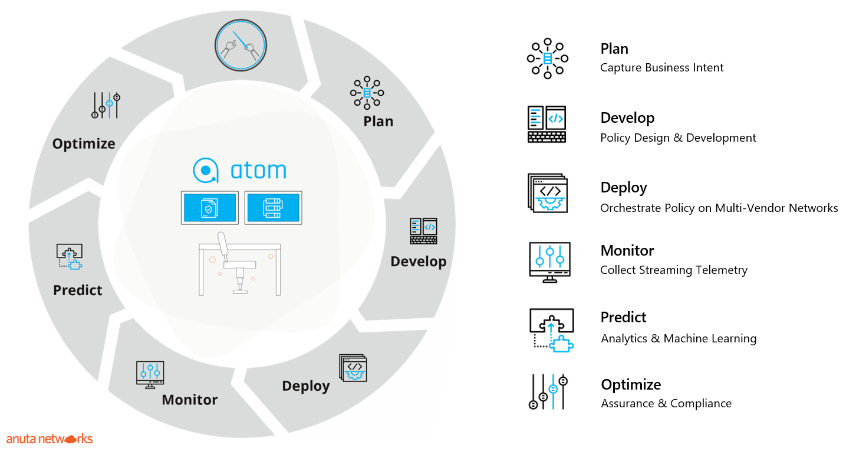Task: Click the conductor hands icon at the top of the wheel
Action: pos(241,45)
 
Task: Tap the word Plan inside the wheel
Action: pos(378,121)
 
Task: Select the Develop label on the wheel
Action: pos(418,262)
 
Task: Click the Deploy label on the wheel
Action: pos(306,386)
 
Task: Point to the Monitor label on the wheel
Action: pos(190,400)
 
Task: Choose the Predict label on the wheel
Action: pos(78,290)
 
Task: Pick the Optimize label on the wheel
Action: pos(84,144)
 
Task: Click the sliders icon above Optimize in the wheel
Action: pos(106,105)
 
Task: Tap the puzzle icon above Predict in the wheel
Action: pos(70,257)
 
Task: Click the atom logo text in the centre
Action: pos(258,170)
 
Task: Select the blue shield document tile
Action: pos(210,208)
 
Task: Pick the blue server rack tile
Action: pos(273,208)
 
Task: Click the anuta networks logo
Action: pos(50,439)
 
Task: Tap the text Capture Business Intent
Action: pos(661,68)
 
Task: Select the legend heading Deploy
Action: pos(623,188)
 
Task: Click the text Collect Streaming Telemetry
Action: pos(674,270)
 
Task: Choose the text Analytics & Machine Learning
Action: pos(679,338)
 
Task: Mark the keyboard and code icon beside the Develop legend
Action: pos(546,125)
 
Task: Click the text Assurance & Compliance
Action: pos(666,404)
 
